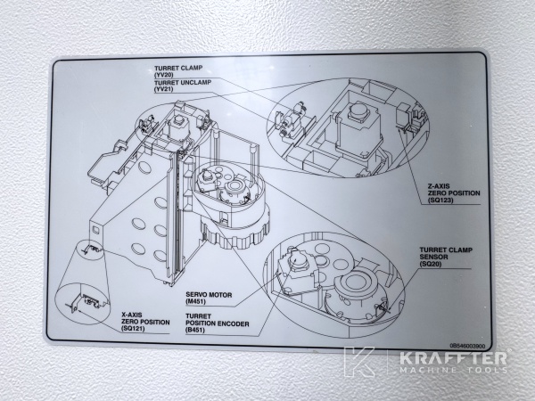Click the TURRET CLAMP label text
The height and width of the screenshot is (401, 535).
[179, 68]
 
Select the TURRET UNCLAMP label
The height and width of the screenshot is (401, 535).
[184, 82]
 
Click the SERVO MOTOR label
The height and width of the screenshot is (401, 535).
[210, 294]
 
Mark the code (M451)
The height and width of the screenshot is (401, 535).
[198, 302]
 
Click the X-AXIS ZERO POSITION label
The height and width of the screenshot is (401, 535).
[143, 319]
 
